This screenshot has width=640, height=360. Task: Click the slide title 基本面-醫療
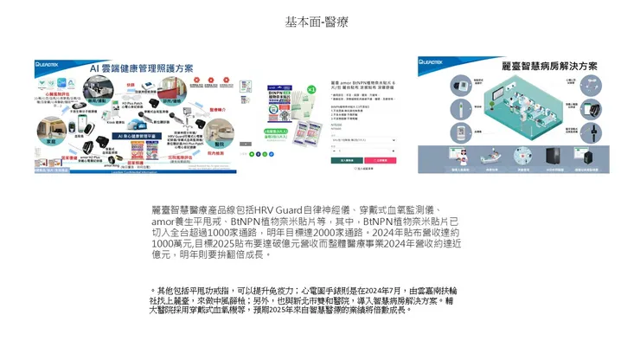pos(317,22)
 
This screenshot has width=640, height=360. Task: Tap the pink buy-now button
pos(381,160)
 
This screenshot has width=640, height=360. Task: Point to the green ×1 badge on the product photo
pos(310,90)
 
